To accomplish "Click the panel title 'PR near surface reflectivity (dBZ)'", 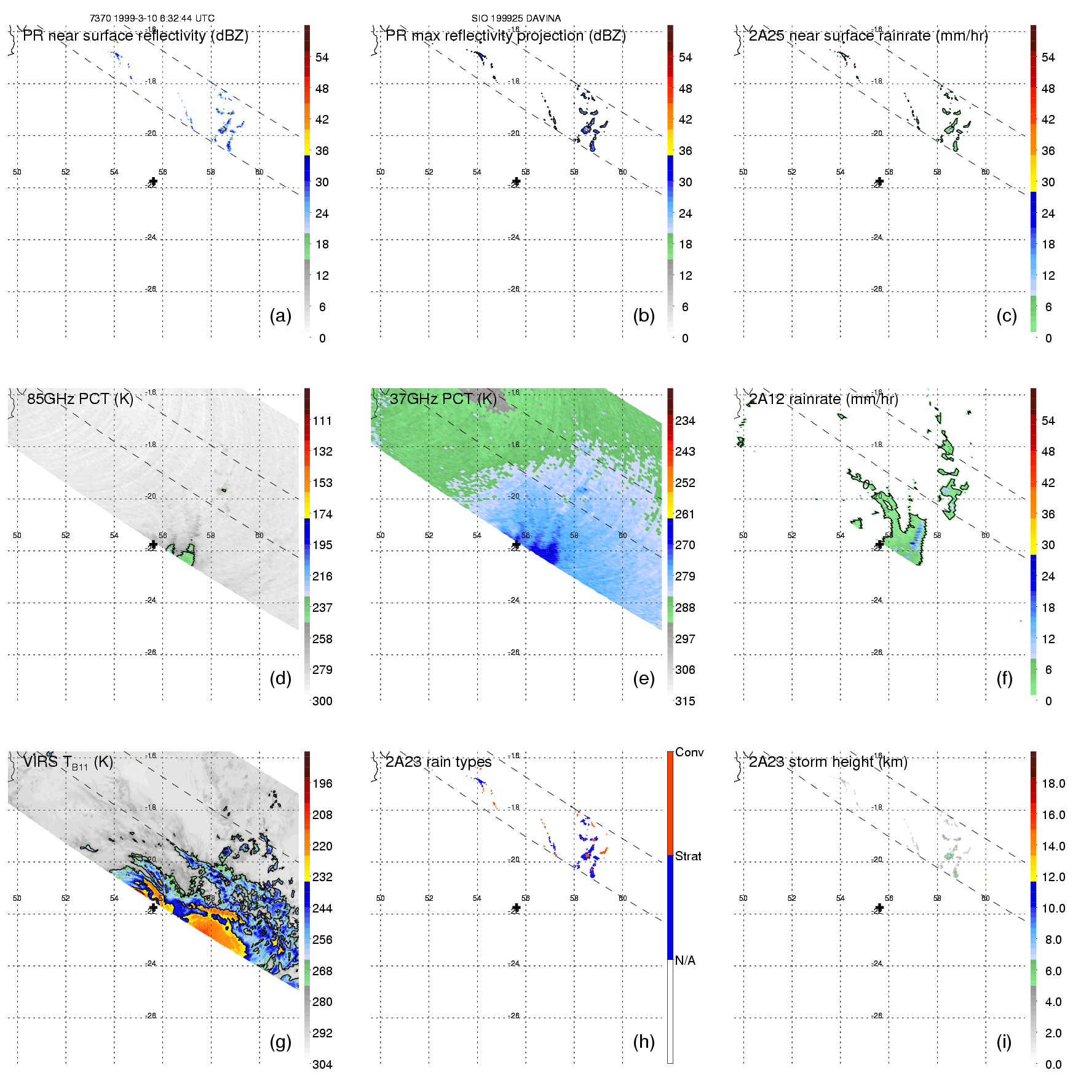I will pyautogui.click(x=135, y=36).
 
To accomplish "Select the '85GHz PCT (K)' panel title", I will pyautogui.click(x=80, y=399).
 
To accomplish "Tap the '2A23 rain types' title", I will pyautogui.click(x=438, y=762).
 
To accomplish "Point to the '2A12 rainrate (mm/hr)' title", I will pyautogui.click(x=823, y=399).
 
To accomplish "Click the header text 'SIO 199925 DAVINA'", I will pyautogui.click(x=516, y=18).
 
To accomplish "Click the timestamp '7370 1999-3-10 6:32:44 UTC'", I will pyautogui.click(x=152, y=18).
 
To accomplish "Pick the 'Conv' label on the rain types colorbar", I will pyautogui.click(x=689, y=752).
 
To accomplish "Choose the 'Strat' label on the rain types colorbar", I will pyautogui.click(x=688, y=856).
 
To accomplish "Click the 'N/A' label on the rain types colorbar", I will pyautogui.click(x=685, y=960).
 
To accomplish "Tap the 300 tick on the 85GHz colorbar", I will pyautogui.click(x=322, y=701).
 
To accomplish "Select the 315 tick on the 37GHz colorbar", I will pyautogui.click(x=685, y=701).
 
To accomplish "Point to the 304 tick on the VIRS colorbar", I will pyautogui.click(x=322, y=1064).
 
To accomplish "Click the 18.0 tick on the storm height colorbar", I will pyautogui.click(x=1053, y=783).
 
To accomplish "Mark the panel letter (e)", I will pyautogui.click(x=644, y=678).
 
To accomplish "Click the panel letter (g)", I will pyautogui.click(x=280, y=1042).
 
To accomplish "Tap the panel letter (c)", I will pyautogui.click(x=1007, y=315).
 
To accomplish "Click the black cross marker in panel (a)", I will pyautogui.click(x=153, y=182).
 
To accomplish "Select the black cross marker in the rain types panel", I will pyautogui.click(x=517, y=908).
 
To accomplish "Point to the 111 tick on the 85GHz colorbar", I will pyautogui.click(x=322, y=421).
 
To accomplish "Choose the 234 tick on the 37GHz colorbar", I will pyautogui.click(x=685, y=421).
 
